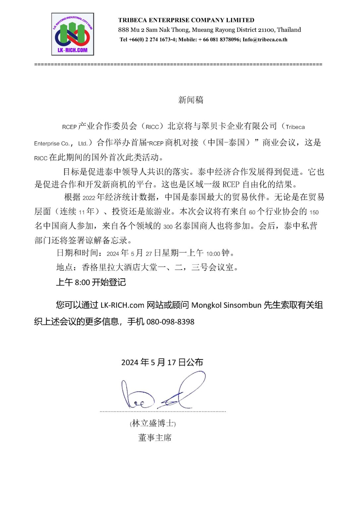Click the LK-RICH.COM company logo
73,34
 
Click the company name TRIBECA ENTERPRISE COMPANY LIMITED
186,20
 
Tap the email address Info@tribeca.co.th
265,40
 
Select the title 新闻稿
191,100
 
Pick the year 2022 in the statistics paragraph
89,198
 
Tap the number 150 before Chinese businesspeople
314,212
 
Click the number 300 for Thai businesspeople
168,227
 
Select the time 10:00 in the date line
213,254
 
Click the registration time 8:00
82,283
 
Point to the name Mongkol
206,305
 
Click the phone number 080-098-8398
170,322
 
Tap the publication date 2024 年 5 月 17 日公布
162,362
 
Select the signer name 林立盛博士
152,423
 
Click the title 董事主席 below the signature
155,438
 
